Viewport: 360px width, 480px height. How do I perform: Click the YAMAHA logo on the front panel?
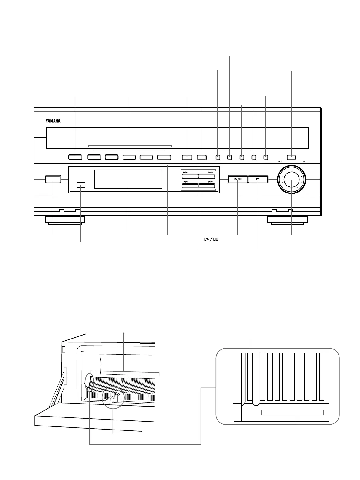pyautogui.click(x=53, y=121)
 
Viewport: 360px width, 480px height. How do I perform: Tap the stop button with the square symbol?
pyautogui.click(x=258, y=179)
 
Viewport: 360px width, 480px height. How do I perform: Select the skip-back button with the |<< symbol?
pyautogui.click(x=190, y=177)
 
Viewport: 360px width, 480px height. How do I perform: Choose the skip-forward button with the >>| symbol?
pyautogui.click(x=207, y=177)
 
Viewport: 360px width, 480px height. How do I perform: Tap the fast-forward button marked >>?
pyautogui.click(x=207, y=186)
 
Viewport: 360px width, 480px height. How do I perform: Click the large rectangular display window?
pyautogui.click(x=128, y=179)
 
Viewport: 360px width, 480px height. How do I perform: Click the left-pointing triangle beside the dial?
pyautogui.click(x=280, y=161)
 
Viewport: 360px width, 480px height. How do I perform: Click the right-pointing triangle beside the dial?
pyautogui.click(x=303, y=161)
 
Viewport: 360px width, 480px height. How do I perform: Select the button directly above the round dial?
pyautogui.click(x=292, y=157)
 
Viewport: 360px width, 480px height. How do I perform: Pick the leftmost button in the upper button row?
pyautogui.click(x=75, y=157)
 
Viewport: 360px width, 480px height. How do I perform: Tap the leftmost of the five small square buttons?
pyautogui.click(x=218, y=157)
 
